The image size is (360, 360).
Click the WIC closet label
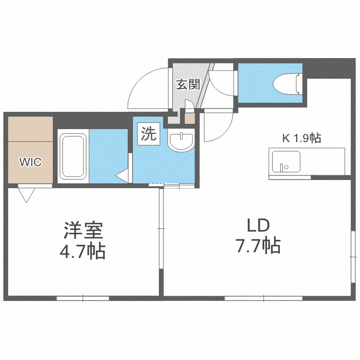pos(30,162)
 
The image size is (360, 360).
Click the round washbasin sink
pos(181,141)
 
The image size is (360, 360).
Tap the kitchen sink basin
pos(286,161)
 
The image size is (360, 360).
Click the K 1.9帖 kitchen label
pos(301,138)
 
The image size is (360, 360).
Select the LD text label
pos(258,226)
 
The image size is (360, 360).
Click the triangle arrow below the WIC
pos(27,194)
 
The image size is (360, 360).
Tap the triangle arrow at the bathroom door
pos(122,175)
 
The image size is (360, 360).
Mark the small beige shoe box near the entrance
pos(190,118)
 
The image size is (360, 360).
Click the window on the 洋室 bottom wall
pos(83,298)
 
